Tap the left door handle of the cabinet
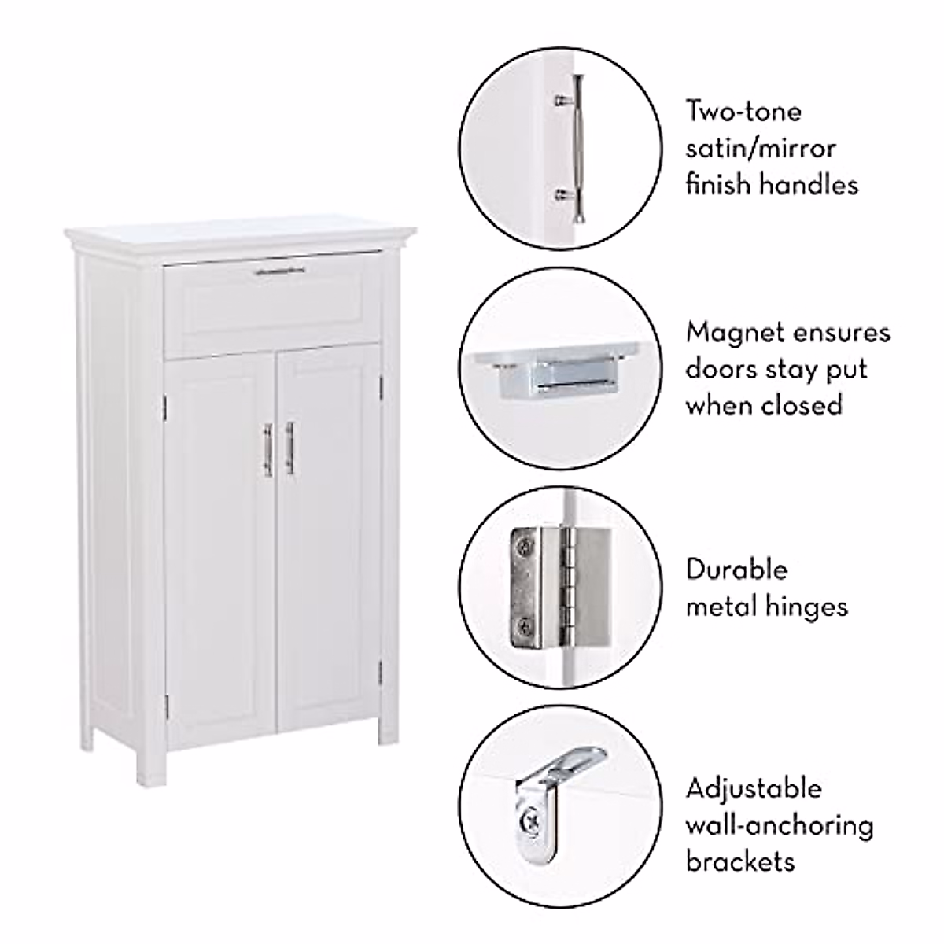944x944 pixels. (267, 449)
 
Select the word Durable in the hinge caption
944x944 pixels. (736, 569)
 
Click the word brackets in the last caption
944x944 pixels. (740, 861)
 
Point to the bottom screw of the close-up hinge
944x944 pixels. (525, 627)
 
